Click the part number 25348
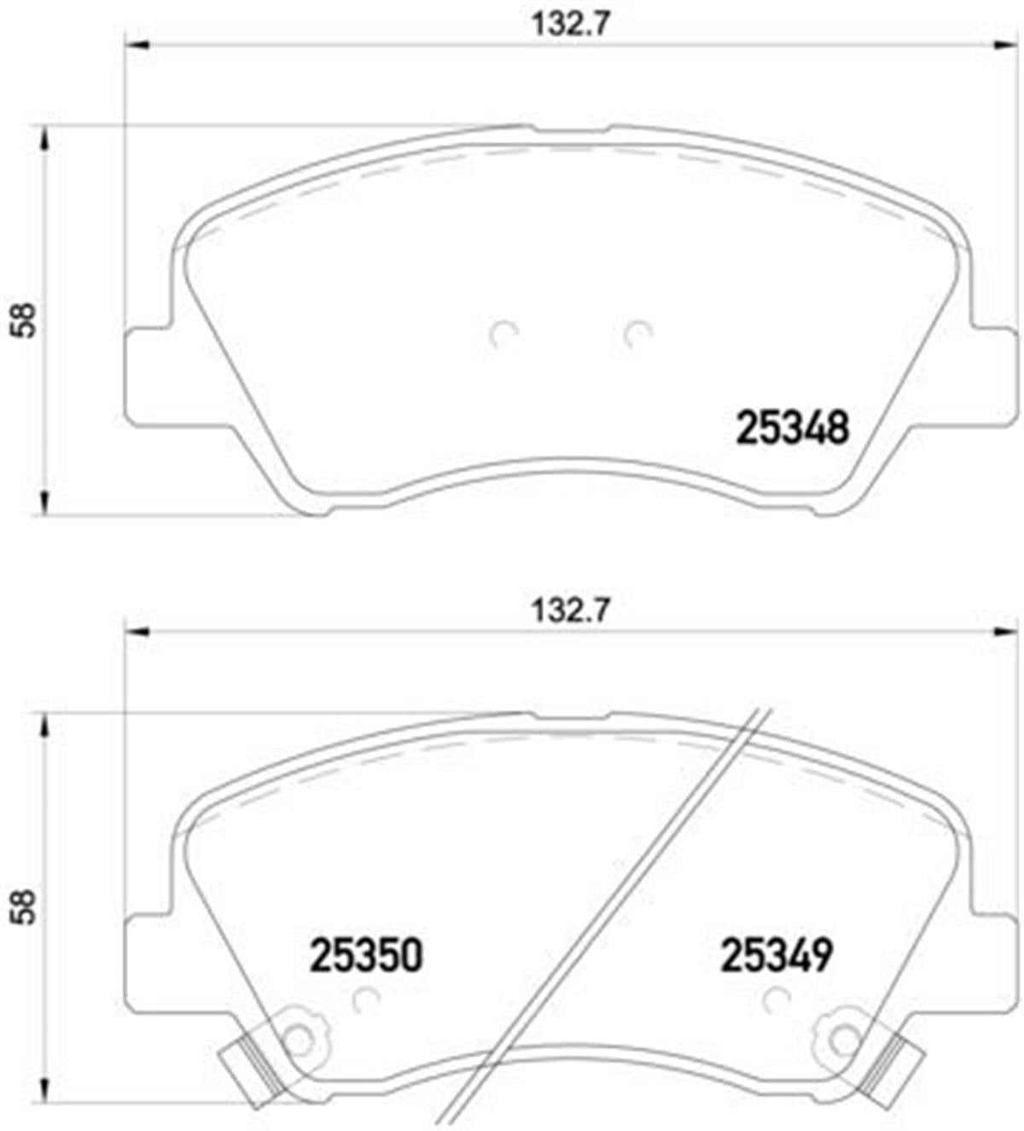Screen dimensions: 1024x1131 coord(792,428)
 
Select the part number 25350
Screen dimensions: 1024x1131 coord(366,955)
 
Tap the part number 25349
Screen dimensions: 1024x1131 coord(777,955)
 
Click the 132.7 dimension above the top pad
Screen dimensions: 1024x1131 coord(571,26)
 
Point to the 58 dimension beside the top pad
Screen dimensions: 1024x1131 coord(24,320)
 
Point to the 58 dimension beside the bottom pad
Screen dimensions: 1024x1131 coord(24,907)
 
